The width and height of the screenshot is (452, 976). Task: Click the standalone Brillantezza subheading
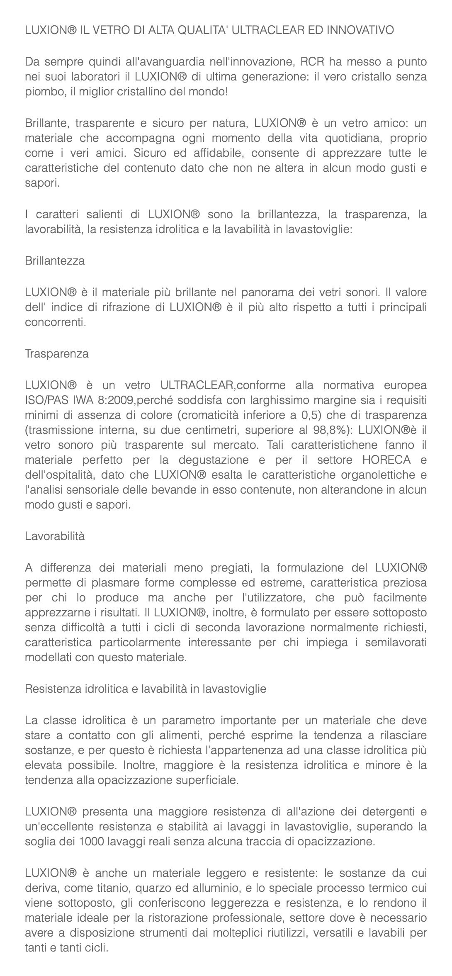pos(55,261)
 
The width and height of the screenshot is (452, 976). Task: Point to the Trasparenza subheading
pos(57,354)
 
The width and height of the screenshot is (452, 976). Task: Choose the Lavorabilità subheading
pos(55,536)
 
